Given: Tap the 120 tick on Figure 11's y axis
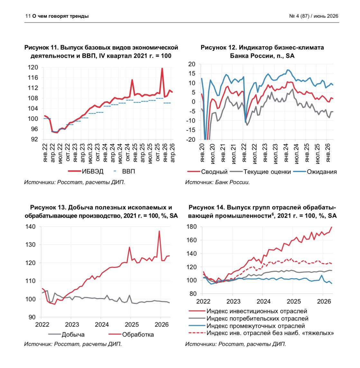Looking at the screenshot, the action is (x=33, y=67).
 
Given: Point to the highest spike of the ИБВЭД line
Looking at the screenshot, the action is (x=162, y=69).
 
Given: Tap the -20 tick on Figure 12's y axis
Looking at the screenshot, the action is (x=191, y=139).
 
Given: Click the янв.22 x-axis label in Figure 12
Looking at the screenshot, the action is (x=244, y=153).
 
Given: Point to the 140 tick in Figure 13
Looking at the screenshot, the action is (x=31, y=227).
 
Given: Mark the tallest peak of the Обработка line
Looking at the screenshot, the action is (x=159, y=231).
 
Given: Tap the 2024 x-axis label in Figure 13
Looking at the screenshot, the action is (x=102, y=325).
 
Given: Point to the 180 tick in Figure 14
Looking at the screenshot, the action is (x=191, y=227).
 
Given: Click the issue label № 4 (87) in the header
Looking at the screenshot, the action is (x=299, y=16).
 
